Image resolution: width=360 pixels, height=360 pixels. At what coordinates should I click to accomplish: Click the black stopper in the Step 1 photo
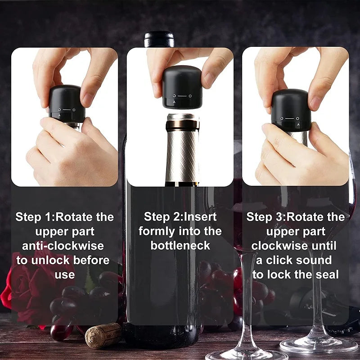(67, 103)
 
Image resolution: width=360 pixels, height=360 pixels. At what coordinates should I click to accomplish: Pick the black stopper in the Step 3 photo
(291, 110)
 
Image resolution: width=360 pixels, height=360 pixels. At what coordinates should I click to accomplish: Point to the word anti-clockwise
(63, 246)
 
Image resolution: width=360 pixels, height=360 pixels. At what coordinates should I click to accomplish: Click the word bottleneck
(180, 246)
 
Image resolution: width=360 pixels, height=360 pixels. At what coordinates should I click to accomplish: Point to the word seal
(326, 274)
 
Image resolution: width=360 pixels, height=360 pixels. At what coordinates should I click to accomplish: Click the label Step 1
(33, 217)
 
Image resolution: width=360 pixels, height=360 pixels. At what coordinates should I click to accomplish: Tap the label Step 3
(264, 217)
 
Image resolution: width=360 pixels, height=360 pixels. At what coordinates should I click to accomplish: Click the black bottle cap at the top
(159, 39)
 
